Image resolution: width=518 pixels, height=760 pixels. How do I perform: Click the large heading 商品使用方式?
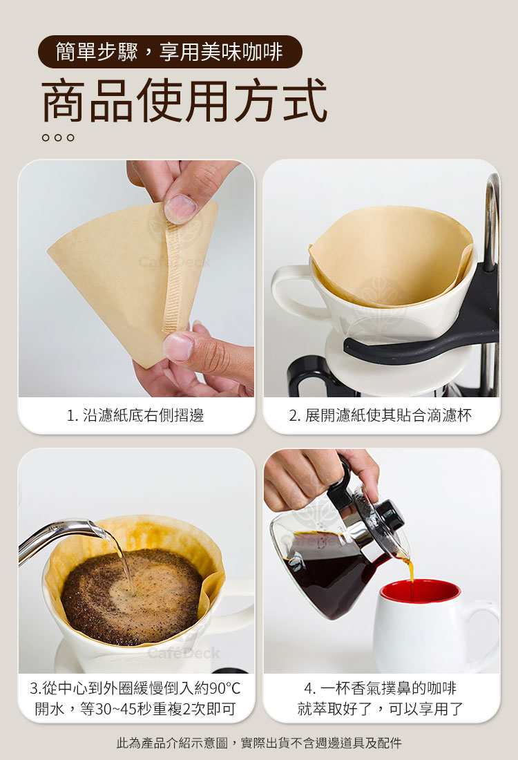184,100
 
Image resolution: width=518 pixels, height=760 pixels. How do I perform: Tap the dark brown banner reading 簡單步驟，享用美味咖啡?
170,51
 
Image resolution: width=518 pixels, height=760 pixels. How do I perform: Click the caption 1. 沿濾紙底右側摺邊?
135,415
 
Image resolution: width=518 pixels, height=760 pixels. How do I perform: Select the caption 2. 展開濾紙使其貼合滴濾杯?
381,415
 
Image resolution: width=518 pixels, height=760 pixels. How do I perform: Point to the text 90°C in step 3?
224,688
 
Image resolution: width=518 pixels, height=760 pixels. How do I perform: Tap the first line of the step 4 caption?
381,688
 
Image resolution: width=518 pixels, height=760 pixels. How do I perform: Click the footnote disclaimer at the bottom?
259,743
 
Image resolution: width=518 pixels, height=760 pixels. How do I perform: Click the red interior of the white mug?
420,592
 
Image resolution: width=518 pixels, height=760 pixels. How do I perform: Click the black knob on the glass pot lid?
390,515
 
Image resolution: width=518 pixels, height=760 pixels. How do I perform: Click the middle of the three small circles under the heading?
58,137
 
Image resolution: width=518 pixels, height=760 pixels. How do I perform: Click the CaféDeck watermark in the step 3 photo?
184,653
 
